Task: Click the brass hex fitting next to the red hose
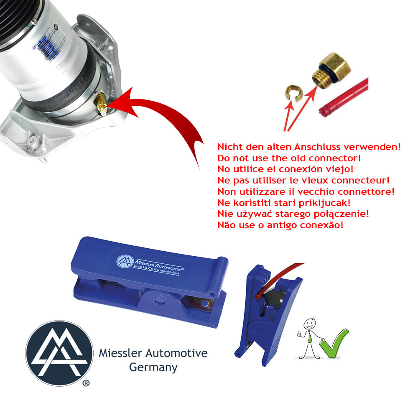(x=332, y=70)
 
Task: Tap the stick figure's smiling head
(x=309, y=324)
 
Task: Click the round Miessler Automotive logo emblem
(x=59, y=353)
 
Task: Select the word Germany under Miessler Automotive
(x=153, y=367)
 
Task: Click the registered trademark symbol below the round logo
(x=86, y=383)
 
